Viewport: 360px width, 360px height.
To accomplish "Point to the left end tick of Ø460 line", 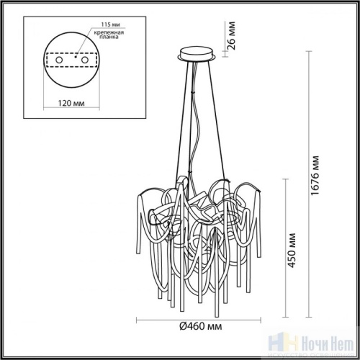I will coord(138,319).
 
